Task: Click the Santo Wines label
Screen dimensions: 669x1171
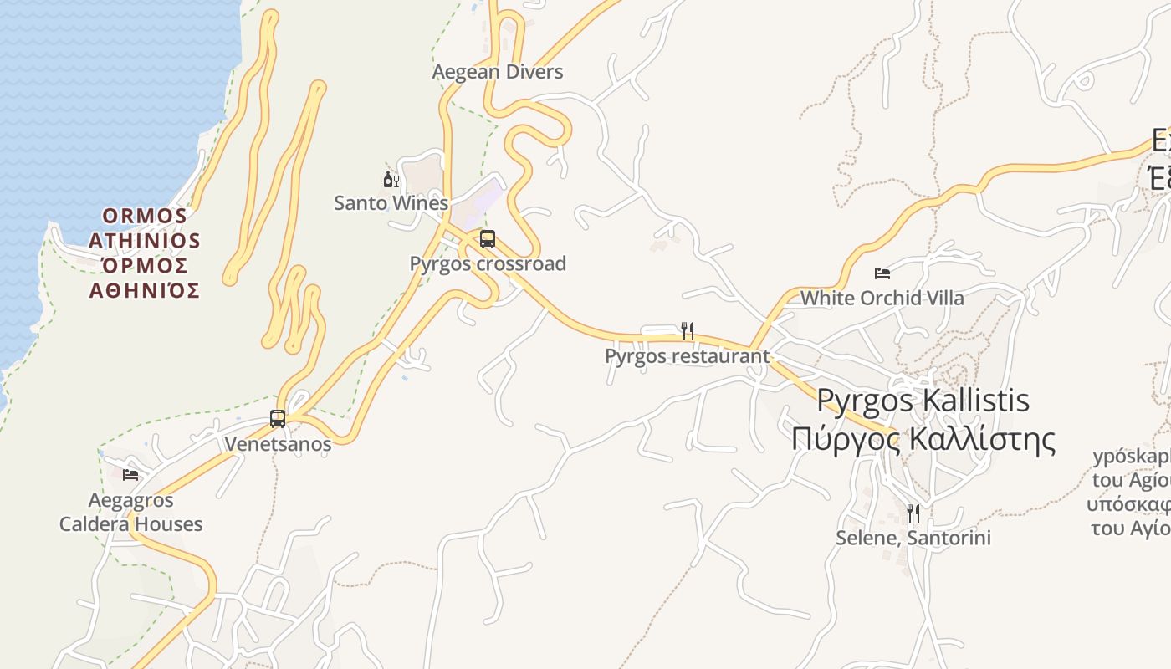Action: click(x=391, y=203)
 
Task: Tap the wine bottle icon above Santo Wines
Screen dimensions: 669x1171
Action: click(x=391, y=178)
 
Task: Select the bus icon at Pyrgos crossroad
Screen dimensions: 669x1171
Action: click(x=488, y=239)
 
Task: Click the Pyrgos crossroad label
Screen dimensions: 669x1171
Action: click(x=488, y=264)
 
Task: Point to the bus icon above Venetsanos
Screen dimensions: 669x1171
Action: click(x=278, y=418)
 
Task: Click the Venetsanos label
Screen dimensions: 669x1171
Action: click(x=278, y=444)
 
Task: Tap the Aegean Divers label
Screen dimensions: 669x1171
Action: click(x=498, y=73)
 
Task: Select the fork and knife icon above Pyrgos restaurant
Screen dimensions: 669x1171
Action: click(x=688, y=331)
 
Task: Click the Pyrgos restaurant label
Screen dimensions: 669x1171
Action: click(x=687, y=356)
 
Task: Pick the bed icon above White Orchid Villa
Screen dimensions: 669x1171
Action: click(x=882, y=273)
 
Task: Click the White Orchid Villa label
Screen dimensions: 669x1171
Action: click(x=882, y=299)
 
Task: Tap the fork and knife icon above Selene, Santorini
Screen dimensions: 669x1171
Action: click(x=913, y=513)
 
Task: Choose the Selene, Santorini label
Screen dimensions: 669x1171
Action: click(x=913, y=538)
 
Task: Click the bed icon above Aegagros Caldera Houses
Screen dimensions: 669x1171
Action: click(x=130, y=475)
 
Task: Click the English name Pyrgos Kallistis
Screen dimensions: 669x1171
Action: click(x=923, y=401)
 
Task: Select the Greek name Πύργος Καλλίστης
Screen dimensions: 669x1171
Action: click(x=923, y=439)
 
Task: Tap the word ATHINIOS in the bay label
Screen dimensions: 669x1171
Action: click(x=145, y=242)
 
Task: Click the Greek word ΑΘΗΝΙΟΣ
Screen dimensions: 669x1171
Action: click(x=145, y=291)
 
